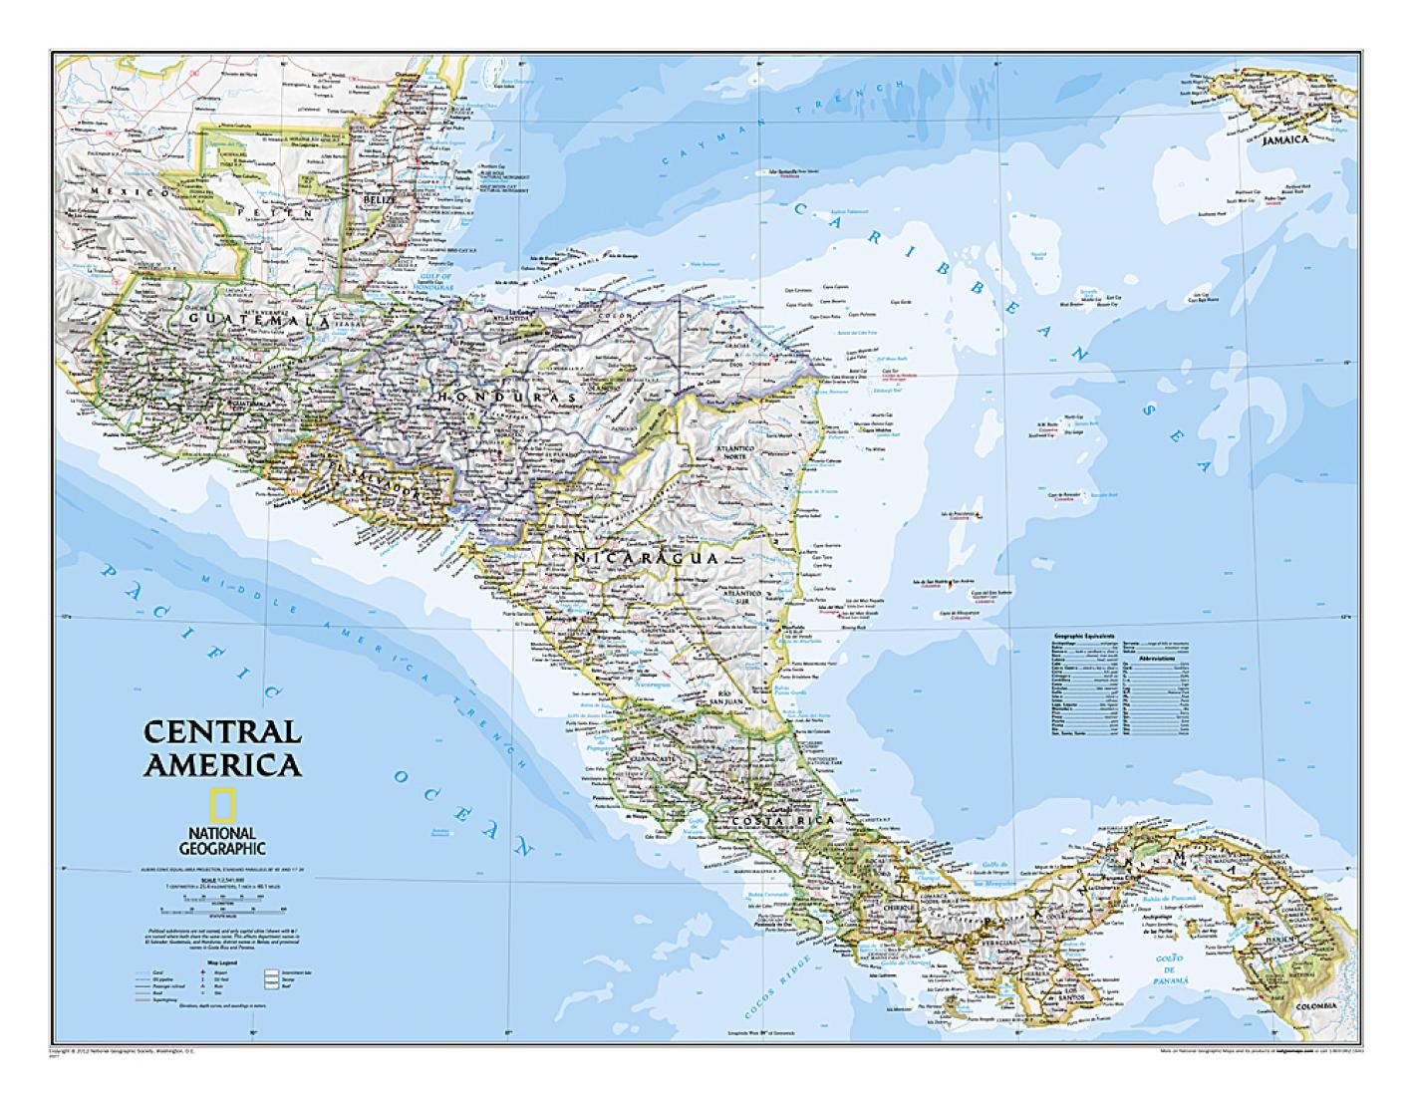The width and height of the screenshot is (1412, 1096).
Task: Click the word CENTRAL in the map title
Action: click(x=221, y=731)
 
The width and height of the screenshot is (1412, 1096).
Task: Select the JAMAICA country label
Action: click(x=1283, y=140)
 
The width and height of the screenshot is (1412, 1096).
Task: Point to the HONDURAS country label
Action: click(x=505, y=397)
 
